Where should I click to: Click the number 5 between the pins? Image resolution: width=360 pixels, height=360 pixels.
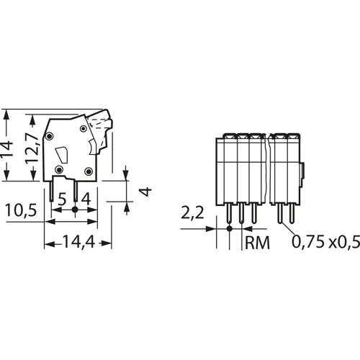click(x=62, y=197)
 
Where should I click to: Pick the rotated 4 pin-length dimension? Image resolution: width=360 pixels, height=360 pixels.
click(x=146, y=192)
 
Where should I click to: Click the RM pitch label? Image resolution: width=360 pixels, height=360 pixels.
click(x=257, y=243)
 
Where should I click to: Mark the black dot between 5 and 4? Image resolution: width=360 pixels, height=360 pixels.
click(x=75, y=209)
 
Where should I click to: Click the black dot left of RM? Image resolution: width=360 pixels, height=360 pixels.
click(x=229, y=229)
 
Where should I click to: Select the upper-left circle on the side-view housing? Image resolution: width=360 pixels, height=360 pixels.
click(x=50, y=137)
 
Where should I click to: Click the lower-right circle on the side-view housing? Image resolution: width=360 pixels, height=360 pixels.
click(x=89, y=170)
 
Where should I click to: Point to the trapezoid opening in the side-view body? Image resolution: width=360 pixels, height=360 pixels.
click(x=63, y=153)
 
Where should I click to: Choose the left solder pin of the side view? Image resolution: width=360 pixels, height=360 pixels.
click(x=55, y=190)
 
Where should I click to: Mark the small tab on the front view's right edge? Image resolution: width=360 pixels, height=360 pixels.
click(x=302, y=171)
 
